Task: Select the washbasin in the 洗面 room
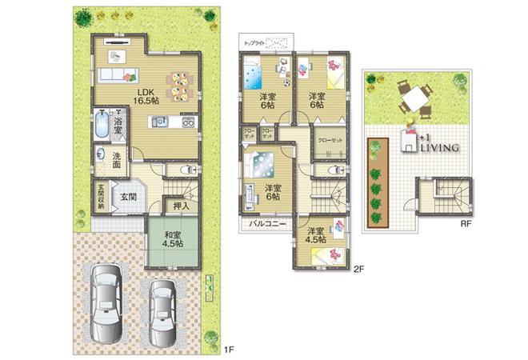[99, 154]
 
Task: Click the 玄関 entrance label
[128, 196]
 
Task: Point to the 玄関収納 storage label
[99, 196]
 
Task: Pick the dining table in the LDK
[179, 85]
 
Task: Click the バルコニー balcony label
[266, 224]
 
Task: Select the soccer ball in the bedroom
[286, 82]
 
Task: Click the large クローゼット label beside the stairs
[330, 139]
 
